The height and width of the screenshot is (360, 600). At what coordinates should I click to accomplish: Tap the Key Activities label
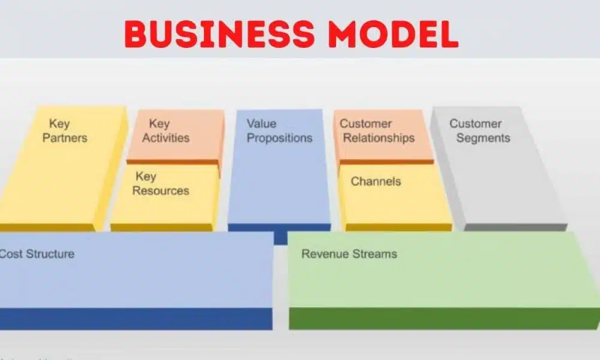coord(166,131)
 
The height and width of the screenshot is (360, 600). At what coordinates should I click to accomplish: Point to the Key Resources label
coord(160,184)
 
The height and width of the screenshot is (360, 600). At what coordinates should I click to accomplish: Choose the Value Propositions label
coord(280,131)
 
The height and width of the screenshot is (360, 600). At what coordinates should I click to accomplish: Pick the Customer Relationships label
coord(377,131)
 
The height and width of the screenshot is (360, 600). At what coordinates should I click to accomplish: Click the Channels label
coord(376,181)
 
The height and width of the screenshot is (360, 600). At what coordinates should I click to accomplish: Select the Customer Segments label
coord(480,131)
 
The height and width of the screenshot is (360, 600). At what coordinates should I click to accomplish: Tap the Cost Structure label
coord(37,254)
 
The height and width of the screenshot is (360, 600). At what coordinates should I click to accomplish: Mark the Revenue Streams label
coord(349,254)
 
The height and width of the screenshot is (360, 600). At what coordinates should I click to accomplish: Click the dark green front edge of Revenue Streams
coord(444,319)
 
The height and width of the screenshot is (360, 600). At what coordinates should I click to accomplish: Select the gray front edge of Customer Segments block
coord(515,227)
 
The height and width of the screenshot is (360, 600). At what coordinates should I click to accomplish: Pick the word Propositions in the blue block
coord(280,138)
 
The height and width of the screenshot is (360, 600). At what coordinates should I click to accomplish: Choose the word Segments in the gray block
coord(484,138)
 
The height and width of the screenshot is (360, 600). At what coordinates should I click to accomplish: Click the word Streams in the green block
coord(374,254)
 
